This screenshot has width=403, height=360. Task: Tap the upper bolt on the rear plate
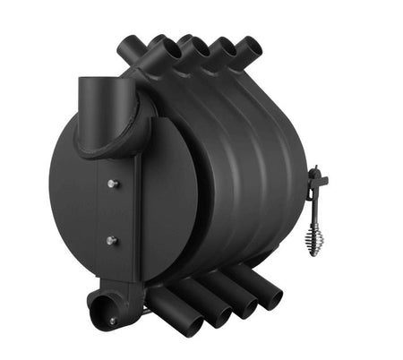tap(112, 184)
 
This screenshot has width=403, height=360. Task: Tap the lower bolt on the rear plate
tap(112, 240)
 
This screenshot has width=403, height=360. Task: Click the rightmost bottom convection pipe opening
tap(270, 296)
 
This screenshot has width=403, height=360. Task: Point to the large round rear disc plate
tap(76, 215)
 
